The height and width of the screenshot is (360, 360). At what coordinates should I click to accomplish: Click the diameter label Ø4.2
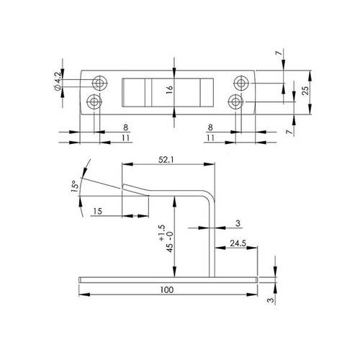point(58,81)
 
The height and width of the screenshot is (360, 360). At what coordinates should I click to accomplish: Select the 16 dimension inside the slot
point(169,89)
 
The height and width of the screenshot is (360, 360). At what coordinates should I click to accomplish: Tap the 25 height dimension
point(305,90)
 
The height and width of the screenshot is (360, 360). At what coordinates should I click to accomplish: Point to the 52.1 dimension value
point(166,160)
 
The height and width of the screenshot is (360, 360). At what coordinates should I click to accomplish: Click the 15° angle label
point(75,186)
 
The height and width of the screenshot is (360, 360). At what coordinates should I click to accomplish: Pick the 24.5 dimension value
point(238,243)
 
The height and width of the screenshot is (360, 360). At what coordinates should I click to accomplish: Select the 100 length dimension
point(167,289)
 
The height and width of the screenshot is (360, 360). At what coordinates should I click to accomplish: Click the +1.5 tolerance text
point(161,233)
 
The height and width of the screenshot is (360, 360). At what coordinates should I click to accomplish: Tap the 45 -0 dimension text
point(170,242)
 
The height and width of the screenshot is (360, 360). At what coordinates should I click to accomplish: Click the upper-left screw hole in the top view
point(99,84)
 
